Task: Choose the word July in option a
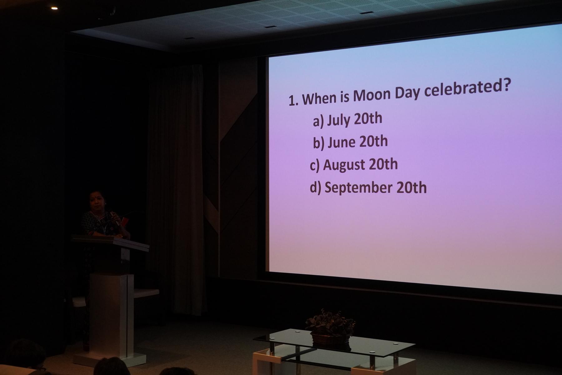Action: (x=339, y=120)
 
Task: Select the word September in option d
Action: (x=358, y=187)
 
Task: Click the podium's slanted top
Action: (x=111, y=242)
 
